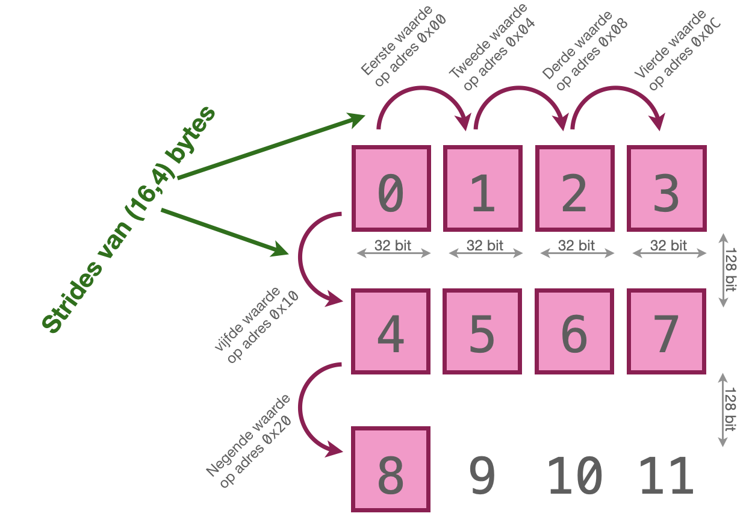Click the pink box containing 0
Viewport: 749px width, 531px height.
(x=391, y=188)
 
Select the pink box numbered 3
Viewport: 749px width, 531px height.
(x=667, y=188)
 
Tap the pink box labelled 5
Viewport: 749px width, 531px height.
(x=482, y=332)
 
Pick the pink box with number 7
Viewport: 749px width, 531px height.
(x=667, y=332)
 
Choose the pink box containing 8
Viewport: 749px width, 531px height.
(x=391, y=470)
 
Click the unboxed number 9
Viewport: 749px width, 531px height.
(x=482, y=476)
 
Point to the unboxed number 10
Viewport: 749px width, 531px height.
(x=574, y=476)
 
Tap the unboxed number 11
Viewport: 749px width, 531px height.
(x=667, y=476)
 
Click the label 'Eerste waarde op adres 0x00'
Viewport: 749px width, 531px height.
(x=403, y=46)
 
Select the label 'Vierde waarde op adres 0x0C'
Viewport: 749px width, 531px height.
(x=679, y=49)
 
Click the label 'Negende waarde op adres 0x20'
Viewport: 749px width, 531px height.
(x=249, y=442)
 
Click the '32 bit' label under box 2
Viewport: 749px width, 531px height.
(x=577, y=246)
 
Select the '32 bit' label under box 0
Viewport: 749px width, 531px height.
(x=393, y=246)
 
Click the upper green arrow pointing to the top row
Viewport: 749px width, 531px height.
(x=271, y=147)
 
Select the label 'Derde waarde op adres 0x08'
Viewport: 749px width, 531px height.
(x=586, y=51)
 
